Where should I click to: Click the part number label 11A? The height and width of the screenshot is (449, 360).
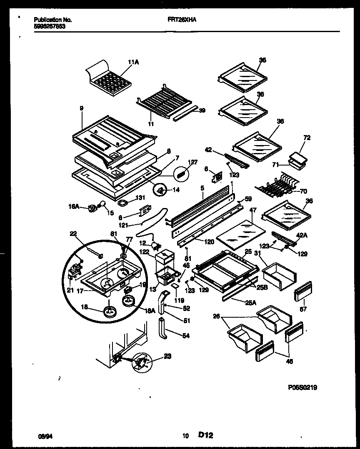133,62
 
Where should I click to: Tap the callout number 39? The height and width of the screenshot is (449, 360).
202,110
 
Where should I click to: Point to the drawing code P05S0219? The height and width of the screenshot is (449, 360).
302,387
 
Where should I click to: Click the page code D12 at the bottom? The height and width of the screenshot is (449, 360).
205,435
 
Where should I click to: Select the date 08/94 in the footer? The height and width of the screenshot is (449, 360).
45,436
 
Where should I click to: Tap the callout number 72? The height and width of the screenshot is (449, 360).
307,138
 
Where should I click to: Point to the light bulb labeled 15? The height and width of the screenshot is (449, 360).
101,204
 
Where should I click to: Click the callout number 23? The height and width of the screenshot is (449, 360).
167,356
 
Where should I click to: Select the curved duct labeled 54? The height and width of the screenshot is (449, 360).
163,329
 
